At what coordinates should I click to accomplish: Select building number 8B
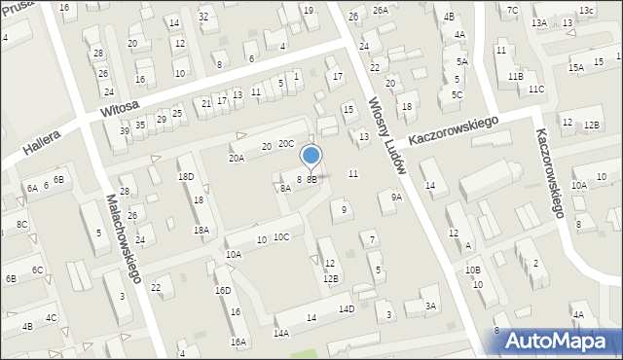311,179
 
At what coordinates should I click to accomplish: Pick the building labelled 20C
285,144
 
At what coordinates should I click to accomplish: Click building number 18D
185,176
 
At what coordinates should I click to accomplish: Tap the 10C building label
280,237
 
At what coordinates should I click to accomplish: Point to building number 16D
223,290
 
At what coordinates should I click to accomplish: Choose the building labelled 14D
347,309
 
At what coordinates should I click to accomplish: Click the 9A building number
395,198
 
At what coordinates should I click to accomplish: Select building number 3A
430,306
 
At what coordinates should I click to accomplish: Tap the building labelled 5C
457,94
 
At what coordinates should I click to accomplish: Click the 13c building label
586,11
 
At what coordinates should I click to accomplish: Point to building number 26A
380,10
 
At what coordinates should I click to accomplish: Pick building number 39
125,131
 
